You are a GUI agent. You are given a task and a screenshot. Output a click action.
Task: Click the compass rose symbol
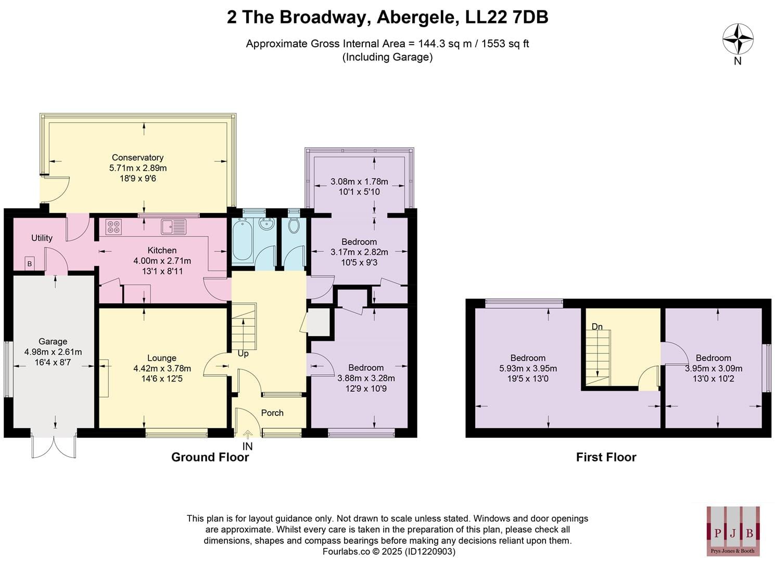(x=738, y=39)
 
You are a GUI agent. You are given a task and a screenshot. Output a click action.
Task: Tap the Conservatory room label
(x=138, y=158)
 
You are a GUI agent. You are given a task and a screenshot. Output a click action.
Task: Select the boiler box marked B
(x=30, y=264)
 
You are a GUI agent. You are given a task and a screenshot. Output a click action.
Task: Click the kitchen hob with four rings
(x=114, y=227)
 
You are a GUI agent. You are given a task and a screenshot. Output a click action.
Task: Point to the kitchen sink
(x=173, y=226)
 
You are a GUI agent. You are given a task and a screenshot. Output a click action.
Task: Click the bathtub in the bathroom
(x=242, y=241)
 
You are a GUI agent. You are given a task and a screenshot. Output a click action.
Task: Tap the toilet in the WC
(x=294, y=225)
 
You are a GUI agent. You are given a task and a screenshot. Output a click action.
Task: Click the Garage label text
(x=53, y=341)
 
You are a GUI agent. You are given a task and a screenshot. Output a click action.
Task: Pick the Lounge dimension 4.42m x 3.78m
(x=162, y=368)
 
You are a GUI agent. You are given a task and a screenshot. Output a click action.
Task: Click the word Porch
(x=272, y=413)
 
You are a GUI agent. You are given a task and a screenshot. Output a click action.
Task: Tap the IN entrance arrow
(x=248, y=435)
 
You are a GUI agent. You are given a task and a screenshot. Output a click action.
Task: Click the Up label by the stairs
(x=243, y=354)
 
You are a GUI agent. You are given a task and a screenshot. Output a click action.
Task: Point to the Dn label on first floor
(x=597, y=326)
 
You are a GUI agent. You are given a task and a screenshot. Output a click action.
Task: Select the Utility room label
(x=42, y=238)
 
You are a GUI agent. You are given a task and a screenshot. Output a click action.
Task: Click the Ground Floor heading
(x=210, y=457)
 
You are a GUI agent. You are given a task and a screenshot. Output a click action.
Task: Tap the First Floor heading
(x=606, y=457)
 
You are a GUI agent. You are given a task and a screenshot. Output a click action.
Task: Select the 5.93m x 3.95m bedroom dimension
(x=528, y=368)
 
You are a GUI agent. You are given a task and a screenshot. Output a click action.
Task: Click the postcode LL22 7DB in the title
(x=507, y=17)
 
